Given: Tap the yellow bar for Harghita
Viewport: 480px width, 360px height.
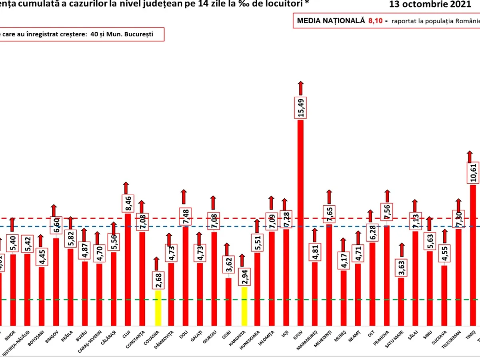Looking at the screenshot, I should pyautogui.click(x=244, y=306).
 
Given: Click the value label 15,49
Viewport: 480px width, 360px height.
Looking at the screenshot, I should pyautogui.click(x=300, y=108).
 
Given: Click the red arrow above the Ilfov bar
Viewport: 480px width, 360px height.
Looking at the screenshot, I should pyautogui.click(x=300, y=88).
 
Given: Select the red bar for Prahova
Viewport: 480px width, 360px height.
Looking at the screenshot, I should pyautogui.click(x=387, y=276).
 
